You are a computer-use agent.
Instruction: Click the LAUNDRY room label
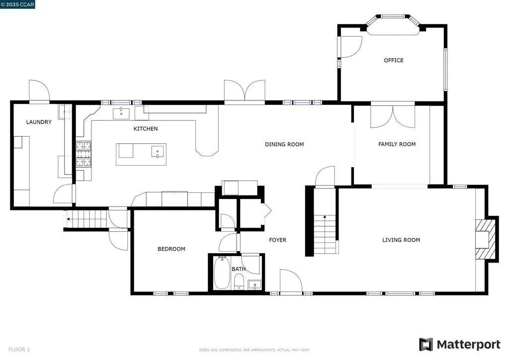coord(39,122)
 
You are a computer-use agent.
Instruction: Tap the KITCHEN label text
coord(146,129)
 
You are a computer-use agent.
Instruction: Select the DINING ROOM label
coord(284,144)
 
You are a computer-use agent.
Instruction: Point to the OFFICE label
coord(394,60)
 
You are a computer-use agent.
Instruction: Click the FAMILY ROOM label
coord(397,144)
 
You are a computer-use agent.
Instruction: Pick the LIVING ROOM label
coord(401,240)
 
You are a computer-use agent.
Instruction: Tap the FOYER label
coord(278,240)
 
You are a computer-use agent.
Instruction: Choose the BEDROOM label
coord(171,249)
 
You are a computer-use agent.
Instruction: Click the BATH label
coord(239,269)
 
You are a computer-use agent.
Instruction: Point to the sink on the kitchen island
coord(158,152)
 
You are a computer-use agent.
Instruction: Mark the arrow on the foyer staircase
coord(325,217)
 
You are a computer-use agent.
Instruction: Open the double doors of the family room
coord(393,115)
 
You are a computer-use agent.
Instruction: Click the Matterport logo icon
coord(426,345)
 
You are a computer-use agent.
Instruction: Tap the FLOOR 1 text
coord(19,350)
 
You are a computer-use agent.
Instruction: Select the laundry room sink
coord(64,112)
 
